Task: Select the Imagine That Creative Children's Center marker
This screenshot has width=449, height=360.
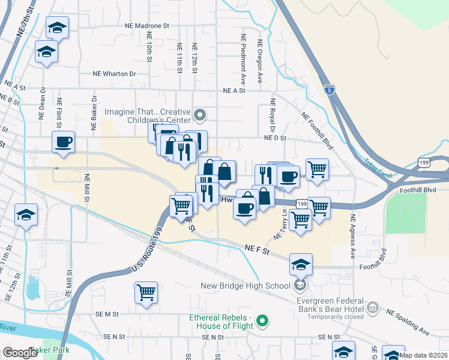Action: (200, 114)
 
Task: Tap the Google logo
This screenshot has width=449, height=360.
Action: (20, 352)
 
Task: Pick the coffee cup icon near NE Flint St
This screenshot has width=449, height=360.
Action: (63, 142)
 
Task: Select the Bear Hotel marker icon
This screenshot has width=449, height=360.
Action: (373, 307)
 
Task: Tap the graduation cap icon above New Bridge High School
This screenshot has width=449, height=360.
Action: (301, 263)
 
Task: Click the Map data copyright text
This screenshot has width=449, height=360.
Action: (423, 355)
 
